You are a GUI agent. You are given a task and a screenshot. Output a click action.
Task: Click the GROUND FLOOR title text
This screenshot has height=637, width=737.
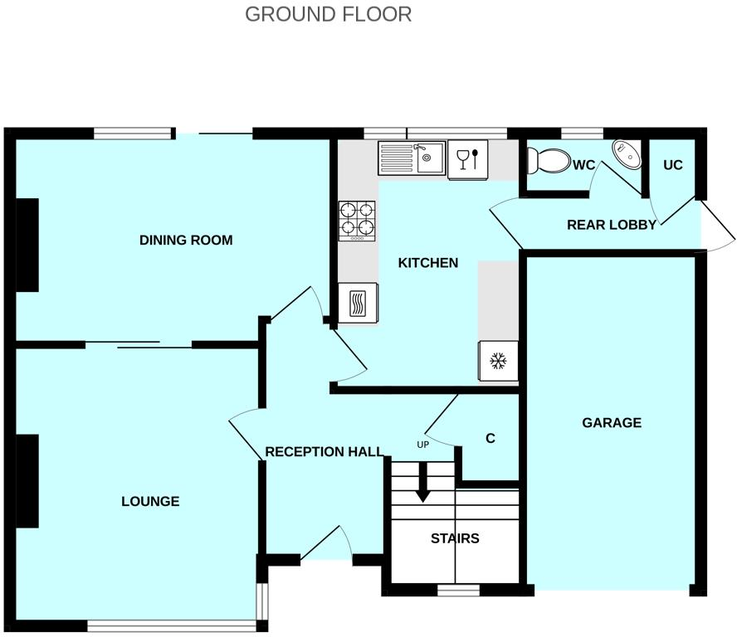point(328,14)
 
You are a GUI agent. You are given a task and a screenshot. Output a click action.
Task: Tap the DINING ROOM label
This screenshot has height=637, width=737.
point(186,241)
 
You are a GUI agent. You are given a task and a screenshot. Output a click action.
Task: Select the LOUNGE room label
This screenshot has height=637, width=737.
point(150,501)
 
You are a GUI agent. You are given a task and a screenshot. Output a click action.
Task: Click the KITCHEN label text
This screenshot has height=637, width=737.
point(428,263)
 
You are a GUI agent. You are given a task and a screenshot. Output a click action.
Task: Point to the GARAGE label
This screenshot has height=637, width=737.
point(612,422)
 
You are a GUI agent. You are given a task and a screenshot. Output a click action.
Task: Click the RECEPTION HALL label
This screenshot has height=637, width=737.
point(324,452)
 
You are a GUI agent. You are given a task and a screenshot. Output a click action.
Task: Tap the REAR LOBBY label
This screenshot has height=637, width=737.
point(612,225)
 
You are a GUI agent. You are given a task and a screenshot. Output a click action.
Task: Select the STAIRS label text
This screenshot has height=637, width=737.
point(455,538)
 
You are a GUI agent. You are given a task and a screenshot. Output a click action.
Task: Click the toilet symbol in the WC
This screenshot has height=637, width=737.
point(548,160)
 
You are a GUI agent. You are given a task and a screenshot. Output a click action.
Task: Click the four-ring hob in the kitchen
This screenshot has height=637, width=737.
point(358,221)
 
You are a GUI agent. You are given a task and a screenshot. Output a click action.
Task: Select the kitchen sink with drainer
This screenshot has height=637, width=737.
point(412,158)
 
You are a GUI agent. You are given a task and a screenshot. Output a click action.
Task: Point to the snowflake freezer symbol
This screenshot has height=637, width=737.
point(498,361)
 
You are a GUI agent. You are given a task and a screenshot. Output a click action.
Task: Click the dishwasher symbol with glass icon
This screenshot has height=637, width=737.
point(467,158)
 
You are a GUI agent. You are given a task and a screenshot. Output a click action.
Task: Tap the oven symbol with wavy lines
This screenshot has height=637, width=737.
point(358,303)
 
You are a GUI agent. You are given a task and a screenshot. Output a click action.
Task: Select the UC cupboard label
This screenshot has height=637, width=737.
point(672,165)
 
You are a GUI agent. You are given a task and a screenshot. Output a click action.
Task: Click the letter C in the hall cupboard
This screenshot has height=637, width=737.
point(491,438)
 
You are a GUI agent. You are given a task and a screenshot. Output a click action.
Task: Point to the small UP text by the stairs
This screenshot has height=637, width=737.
point(422,445)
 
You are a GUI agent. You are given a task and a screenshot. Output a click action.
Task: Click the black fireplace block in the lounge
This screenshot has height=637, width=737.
point(27,481)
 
